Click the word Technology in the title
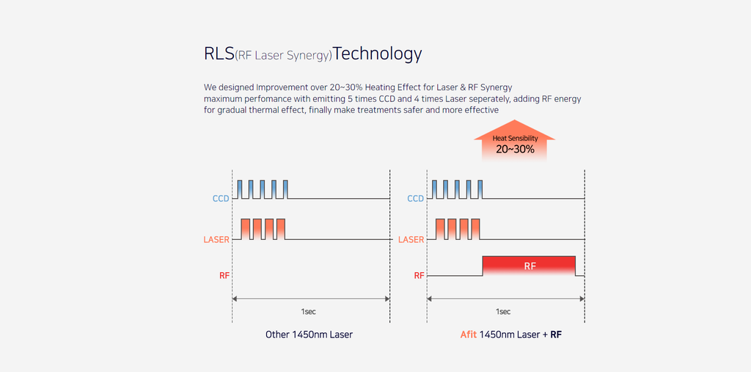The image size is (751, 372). (378, 54)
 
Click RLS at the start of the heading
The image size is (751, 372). (219, 54)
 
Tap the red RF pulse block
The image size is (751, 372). (529, 266)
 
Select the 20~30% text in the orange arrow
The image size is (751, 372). (514, 149)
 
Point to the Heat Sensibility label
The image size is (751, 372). (514, 138)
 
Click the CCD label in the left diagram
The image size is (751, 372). (220, 198)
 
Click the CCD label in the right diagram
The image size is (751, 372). (415, 198)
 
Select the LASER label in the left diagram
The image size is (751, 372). (216, 239)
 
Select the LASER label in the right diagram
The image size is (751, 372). (411, 239)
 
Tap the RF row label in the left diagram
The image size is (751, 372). (224, 276)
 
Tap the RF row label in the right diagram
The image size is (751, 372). (419, 276)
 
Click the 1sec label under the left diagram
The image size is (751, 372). (309, 311)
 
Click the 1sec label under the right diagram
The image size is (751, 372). (504, 311)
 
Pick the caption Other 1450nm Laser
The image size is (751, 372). (309, 335)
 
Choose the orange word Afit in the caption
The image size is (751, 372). (468, 335)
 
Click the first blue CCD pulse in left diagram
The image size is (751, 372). (238, 189)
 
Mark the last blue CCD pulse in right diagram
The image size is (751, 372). (480, 189)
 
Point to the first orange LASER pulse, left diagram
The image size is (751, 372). (246, 229)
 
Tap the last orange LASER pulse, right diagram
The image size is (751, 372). (475, 229)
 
